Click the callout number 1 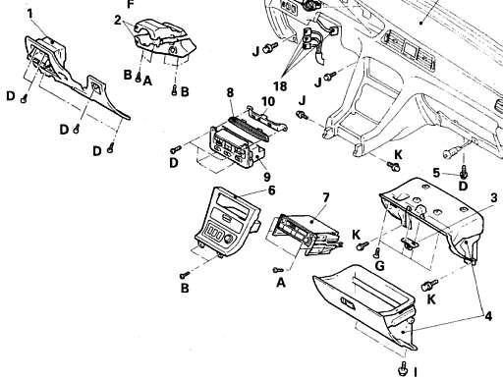coord(30,14)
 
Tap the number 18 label coord(280,86)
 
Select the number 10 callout coord(268,101)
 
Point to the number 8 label coord(230,92)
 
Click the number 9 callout coord(267,177)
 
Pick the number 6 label coord(271,190)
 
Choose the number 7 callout coord(325,198)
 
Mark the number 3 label coord(494,197)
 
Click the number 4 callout coord(488,316)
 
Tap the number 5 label coord(436,173)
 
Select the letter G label coord(379,266)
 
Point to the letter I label coord(416,372)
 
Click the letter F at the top coord(131,4)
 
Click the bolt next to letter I coord(403,368)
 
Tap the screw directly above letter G coord(376,252)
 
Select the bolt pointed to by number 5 coord(464,172)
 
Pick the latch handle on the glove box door coord(348,302)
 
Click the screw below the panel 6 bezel coord(185,274)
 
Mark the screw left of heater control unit coord(176,149)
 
